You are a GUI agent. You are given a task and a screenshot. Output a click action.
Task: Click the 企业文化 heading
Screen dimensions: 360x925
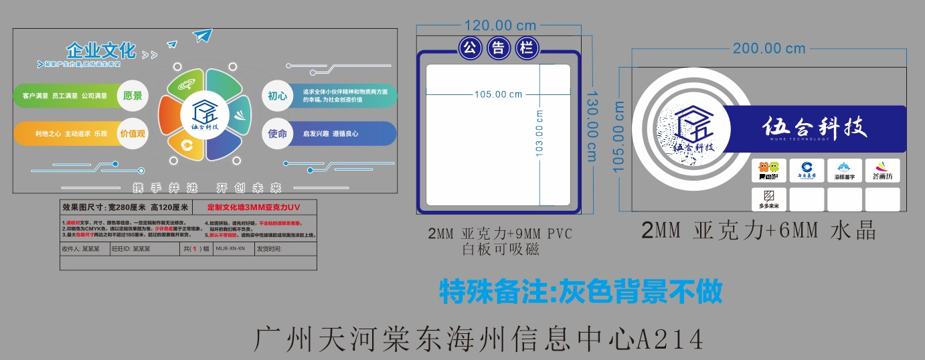[x=101, y=51]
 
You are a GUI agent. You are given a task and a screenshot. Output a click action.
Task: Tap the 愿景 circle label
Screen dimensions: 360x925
[x=133, y=96]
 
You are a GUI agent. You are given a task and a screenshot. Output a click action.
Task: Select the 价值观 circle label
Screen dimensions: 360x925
[x=133, y=133]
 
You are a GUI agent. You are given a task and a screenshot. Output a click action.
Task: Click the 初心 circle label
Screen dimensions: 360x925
[x=277, y=96]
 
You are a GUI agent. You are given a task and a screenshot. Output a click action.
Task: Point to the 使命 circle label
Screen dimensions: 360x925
[x=277, y=133]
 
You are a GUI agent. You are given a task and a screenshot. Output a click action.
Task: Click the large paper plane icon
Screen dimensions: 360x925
[x=201, y=35]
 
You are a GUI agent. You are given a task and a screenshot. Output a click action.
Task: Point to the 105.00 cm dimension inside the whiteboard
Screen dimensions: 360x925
[x=498, y=94]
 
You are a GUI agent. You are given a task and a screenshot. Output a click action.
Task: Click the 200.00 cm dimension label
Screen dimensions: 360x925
[x=769, y=48]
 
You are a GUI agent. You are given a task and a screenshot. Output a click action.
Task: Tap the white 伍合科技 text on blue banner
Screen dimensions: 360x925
[x=815, y=127]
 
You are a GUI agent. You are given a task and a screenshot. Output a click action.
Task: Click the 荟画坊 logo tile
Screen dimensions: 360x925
[x=882, y=171]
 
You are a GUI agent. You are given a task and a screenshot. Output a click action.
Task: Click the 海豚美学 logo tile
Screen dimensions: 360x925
[x=844, y=171]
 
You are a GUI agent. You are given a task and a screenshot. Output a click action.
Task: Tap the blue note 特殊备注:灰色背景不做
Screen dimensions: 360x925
[x=580, y=292]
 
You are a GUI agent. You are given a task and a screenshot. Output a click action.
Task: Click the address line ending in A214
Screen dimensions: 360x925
[x=479, y=339]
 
